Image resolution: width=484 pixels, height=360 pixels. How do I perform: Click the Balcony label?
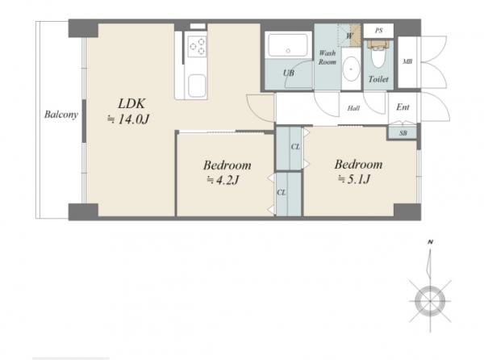click(x=60, y=115)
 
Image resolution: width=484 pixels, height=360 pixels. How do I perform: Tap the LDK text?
click(x=131, y=104)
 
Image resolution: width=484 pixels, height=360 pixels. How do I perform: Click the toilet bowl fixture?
click(x=378, y=54)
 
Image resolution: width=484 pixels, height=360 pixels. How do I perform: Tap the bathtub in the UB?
click(x=288, y=45)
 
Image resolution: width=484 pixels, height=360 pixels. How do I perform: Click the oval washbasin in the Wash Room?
click(x=351, y=69)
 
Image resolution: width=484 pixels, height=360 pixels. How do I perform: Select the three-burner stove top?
click(x=197, y=46)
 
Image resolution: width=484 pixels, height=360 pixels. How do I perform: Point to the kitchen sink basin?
click(x=197, y=86)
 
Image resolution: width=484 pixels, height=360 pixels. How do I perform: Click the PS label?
click(x=379, y=31)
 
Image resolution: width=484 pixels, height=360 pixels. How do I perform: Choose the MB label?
click(x=407, y=62)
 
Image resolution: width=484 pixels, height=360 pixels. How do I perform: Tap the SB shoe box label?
click(x=403, y=133)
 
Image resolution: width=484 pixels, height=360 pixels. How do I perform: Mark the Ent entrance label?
click(x=403, y=107)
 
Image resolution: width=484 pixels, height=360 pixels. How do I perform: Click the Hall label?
click(x=353, y=108)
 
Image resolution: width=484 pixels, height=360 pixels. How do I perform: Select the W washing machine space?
click(x=350, y=36)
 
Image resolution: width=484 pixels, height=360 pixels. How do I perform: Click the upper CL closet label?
click(x=295, y=147)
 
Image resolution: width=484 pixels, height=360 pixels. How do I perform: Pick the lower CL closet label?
click(x=282, y=193)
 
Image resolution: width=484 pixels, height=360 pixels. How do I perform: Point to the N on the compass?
click(x=430, y=242)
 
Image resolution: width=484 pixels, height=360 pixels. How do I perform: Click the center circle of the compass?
click(x=430, y=301)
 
